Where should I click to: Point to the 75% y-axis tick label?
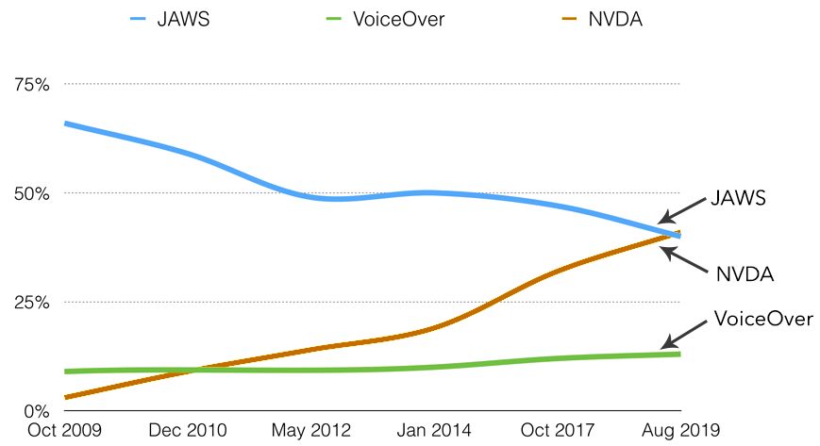(31, 85)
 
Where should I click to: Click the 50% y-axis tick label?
(31, 193)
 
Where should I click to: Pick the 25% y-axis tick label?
(31, 302)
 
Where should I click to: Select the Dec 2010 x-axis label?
(187, 431)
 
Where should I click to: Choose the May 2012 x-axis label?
(310, 431)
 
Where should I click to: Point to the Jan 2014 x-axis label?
(434, 431)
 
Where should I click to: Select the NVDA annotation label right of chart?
(745, 274)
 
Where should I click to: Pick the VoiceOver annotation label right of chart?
(763, 319)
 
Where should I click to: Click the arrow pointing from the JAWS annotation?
(681, 210)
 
